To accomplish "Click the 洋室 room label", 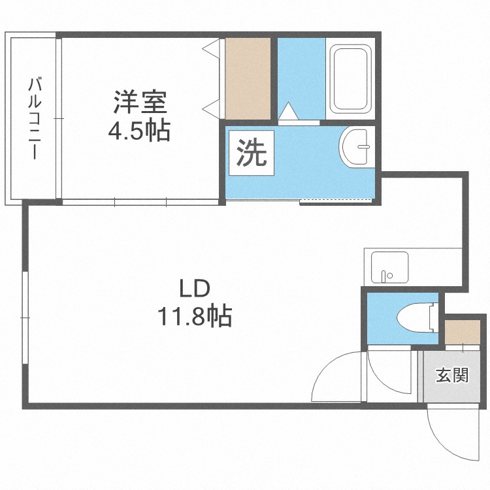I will pos(140,103).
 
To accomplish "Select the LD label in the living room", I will pos(194,289).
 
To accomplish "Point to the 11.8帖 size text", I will pos(193,318).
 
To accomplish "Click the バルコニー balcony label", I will pos(35,118).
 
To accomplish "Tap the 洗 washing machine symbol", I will pos(251,154).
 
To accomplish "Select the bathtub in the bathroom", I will pos(350,79).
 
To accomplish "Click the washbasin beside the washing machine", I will pos(356,147).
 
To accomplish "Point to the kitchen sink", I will pos(389,267).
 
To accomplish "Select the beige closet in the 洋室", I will pos(248,79).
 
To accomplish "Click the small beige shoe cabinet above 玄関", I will pos(463,332).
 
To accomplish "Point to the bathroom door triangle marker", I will pos(288,113).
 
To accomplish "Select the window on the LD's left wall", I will pos(25,317).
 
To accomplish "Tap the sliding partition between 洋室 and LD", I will pos(140,203).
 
